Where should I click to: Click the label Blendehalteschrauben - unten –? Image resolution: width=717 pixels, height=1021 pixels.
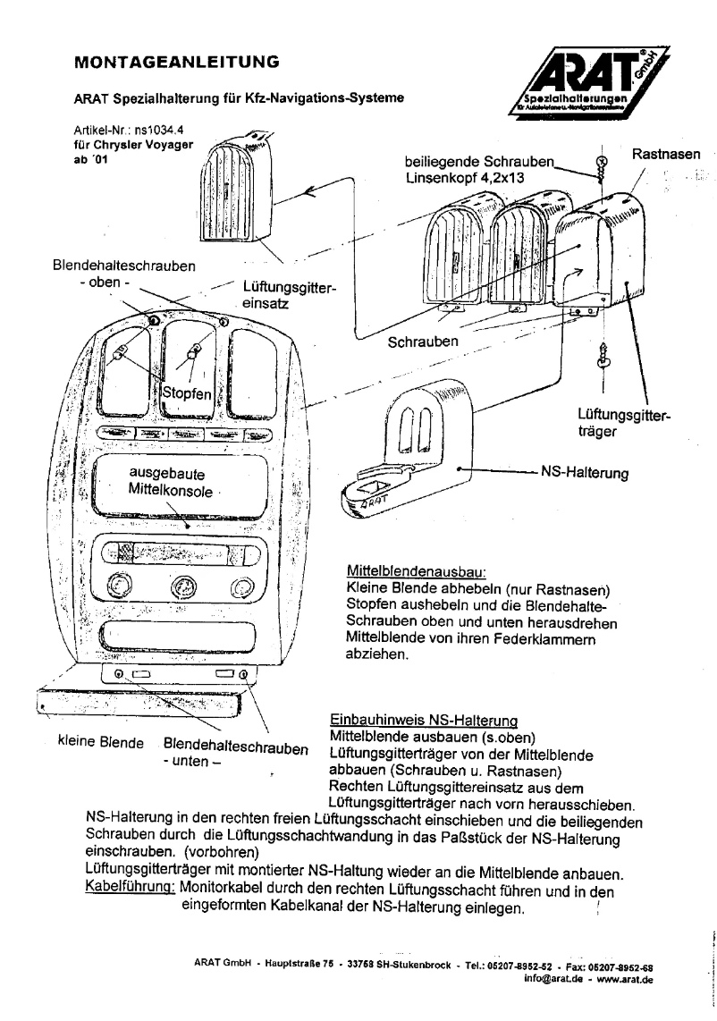tap(234, 751)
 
